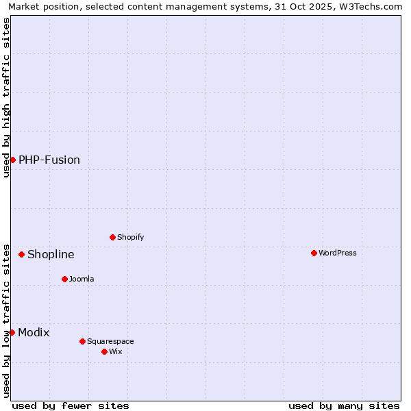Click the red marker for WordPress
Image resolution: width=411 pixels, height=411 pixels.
pyautogui.click(x=314, y=253)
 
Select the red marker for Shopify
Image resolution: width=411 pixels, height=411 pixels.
pyautogui.click(x=112, y=237)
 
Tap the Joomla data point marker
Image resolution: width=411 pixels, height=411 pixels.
pyautogui.click(x=64, y=279)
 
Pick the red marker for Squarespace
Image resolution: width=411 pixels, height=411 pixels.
pyautogui.click(x=82, y=341)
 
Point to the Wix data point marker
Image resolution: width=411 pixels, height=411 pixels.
pyautogui.click(x=104, y=351)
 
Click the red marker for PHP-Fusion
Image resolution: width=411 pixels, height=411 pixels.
pyautogui.click(x=12, y=160)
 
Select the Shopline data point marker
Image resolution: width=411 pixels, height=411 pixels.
pyautogui.click(x=21, y=254)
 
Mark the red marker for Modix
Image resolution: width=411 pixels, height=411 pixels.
pyautogui.click(x=12, y=332)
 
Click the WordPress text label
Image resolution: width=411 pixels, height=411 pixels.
pyautogui.click(x=337, y=253)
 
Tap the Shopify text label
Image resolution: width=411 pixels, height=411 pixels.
pyautogui.click(x=130, y=237)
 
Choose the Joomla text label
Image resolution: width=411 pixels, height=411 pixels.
pyautogui.click(x=82, y=279)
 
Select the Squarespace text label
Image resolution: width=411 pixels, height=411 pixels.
pyautogui.click(x=110, y=341)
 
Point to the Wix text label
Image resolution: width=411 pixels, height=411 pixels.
pyautogui.click(x=115, y=351)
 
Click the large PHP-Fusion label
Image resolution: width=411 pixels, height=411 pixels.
pyautogui.click(x=49, y=160)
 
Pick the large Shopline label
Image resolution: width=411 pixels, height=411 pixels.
pyautogui.click(x=51, y=254)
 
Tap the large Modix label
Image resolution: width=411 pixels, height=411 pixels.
pyautogui.click(x=34, y=332)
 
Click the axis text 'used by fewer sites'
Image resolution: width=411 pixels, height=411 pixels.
pyautogui.click(x=71, y=406)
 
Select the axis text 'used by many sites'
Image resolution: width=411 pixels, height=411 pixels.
pyautogui.click(x=344, y=406)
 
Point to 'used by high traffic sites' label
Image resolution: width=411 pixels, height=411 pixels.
pyautogui.click(x=6, y=97)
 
